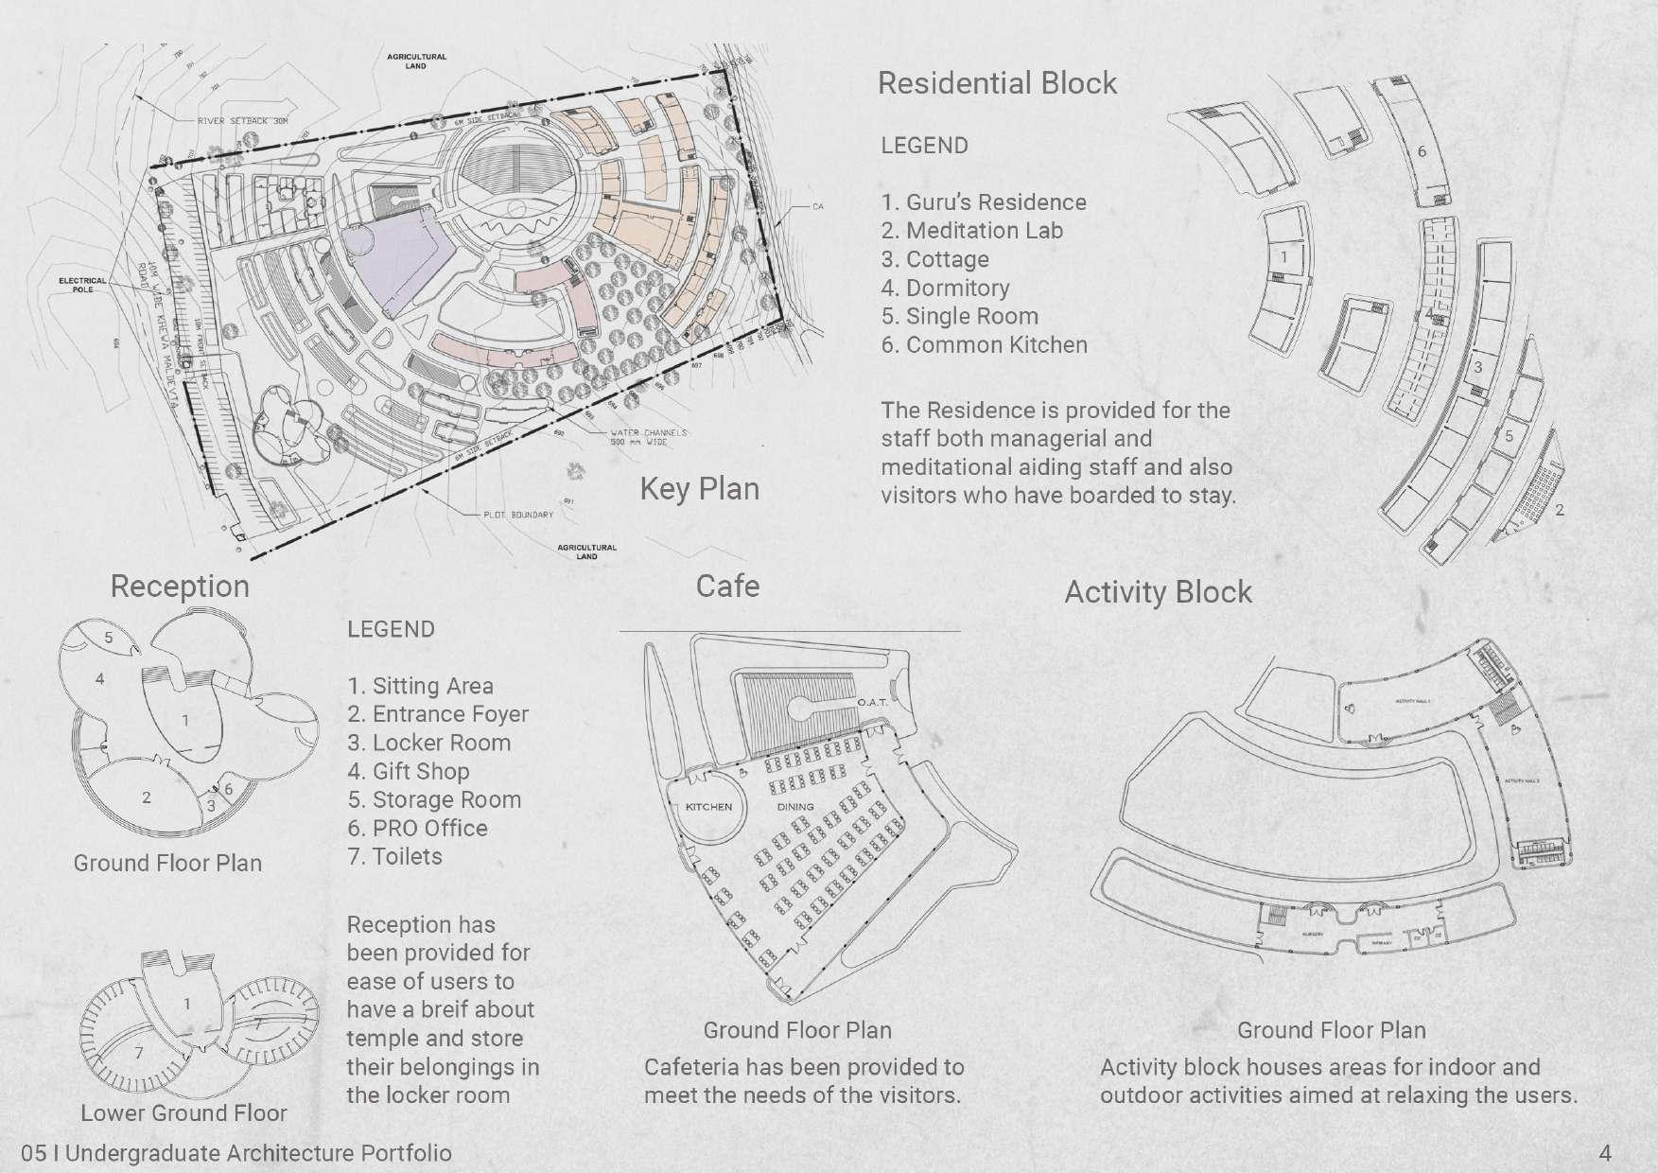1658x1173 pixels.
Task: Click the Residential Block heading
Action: [x=997, y=83]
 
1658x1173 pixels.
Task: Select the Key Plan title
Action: [x=699, y=489]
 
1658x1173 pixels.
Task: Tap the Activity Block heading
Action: [x=1158, y=592]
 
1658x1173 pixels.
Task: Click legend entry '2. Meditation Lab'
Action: [x=971, y=231]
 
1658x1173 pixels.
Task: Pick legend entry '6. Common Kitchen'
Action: [x=984, y=344]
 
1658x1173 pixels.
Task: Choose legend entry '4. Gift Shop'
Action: [x=408, y=771]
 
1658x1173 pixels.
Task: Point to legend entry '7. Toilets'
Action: [x=394, y=856]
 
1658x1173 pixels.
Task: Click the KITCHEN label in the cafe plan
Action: [x=708, y=807]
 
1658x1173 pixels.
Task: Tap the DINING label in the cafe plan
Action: [x=795, y=807]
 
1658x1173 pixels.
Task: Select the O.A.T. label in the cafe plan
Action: [x=872, y=703]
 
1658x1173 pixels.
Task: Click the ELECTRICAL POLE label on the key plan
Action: [x=83, y=285]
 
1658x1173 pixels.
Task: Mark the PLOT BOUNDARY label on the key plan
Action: [x=518, y=515]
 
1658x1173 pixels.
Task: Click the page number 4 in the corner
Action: [x=1604, y=1153]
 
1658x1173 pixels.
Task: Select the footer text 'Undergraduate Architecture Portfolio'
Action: [x=258, y=1153]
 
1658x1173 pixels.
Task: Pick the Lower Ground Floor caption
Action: [x=183, y=1112]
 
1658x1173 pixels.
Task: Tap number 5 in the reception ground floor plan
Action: [x=109, y=638]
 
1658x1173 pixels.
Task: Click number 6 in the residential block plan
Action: [x=1422, y=151]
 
